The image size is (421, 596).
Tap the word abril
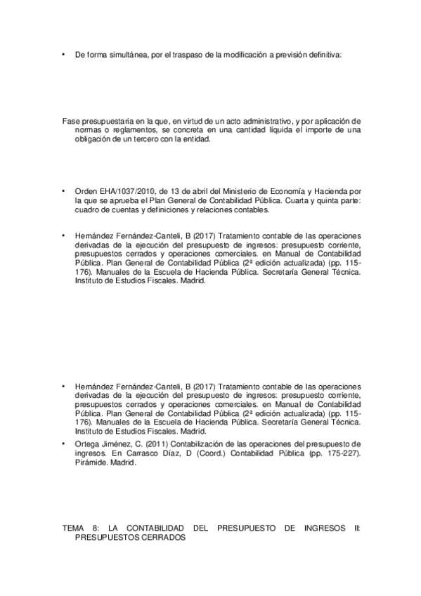[x=189, y=192]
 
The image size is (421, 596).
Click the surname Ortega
[x=87, y=444]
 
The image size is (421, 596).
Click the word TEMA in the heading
[x=73, y=526]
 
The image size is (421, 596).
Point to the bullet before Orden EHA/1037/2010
[x=64, y=192]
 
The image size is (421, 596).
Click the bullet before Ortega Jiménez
[x=64, y=444]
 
